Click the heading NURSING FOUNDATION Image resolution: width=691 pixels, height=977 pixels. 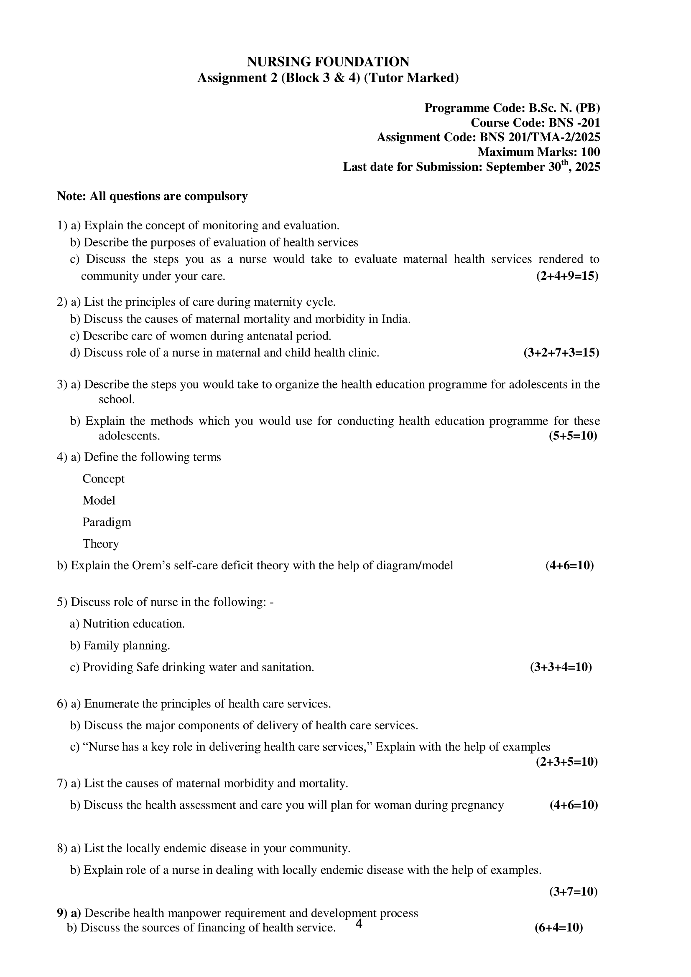[328, 62]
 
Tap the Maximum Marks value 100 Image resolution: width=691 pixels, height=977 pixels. [591, 152]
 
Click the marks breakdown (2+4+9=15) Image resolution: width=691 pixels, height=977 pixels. [567, 276]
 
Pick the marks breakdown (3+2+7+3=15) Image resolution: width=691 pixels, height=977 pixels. [561, 353]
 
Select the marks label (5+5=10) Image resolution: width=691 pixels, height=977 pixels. [573, 436]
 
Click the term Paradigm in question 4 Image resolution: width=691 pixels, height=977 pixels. [107, 522]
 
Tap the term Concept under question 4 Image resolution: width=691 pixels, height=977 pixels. [103, 479]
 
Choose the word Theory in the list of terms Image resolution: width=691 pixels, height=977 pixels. [101, 544]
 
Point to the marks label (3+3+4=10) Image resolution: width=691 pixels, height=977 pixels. [561, 667]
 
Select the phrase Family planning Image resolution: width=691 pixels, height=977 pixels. [126, 645]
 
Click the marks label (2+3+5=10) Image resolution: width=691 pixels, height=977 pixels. [567, 762]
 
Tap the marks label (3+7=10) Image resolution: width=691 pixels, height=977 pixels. [573, 891]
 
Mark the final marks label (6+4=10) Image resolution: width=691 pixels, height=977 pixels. [558, 928]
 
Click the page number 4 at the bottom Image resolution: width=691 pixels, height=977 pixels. [359, 924]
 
